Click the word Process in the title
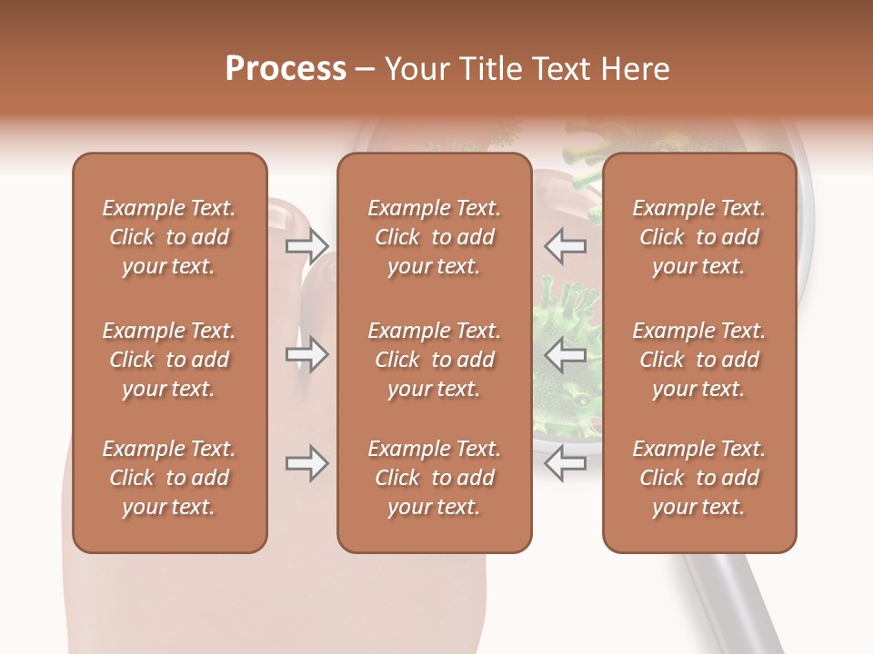pos(286,69)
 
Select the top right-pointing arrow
pos(306,245)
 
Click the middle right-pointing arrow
pos(306,354)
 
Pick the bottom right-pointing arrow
pos(306,464)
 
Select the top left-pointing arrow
pos(566,245)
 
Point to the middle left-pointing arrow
pos(566,354)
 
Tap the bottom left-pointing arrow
pos(566,464)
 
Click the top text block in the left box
pos(169,237)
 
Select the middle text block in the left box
pos(169,360)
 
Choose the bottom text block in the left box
pos(169,478)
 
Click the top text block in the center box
pos(434,237)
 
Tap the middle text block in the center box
pos(434,360)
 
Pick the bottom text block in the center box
pos(434,478)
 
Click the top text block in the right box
pos(698,237)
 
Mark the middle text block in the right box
pos(698,360)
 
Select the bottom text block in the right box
pos(698,478)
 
